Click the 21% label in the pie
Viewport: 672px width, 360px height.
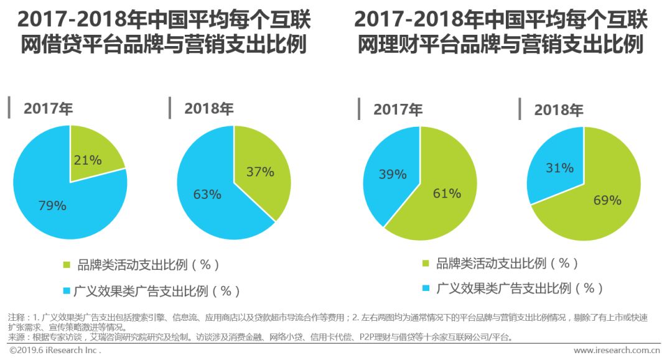point(88,160)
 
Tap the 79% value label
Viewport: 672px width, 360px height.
point(52,206)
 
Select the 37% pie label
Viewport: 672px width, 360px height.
point(260,172)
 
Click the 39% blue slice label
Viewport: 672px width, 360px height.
point(393,175)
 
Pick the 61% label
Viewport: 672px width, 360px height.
point(447,193)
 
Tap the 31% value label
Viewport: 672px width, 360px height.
point(559,168)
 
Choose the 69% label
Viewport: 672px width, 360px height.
point(607,200)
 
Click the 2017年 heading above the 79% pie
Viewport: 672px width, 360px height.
point(48,108)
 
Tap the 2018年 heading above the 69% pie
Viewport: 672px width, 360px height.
point(558,110)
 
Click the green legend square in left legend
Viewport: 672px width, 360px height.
point(67,265)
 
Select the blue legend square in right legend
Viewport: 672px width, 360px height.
point(426,288)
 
